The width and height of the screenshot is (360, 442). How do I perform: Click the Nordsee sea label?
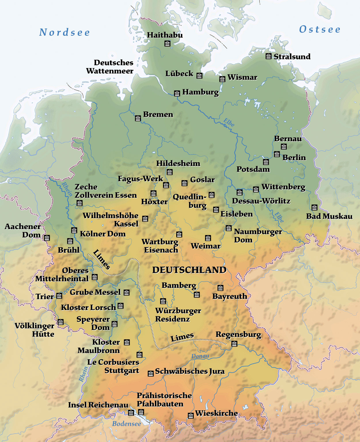pyautogui.click(x=65, y=32)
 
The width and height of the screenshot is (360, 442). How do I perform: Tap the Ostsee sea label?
pyautogui.click(x=320, y=29)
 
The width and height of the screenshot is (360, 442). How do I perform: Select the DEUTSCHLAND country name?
pyautogui.click(x=189, y=270)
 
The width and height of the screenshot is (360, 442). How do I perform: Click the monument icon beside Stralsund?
pyautogui.click(x=268, y=56)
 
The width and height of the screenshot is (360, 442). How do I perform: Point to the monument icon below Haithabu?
pyautogui.click(x=167, y=44)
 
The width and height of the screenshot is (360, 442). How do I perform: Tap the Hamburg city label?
pyautogui.click(x=200, y=92)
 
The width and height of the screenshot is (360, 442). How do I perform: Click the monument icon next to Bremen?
pyautogui.click(x=138, y=118)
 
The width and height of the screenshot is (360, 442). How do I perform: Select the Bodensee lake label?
pyautogui.click(x=126, y=424)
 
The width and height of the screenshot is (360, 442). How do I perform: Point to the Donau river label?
pyautogui.click(x=200, y=356)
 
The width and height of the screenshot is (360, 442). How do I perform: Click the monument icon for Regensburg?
pyautogui.click(x=234, y=343)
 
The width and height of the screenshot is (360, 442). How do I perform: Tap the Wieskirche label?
pyautogui.click(x=217, y=413)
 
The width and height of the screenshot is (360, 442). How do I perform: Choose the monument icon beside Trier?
pyautogui.click(x=59, y=296)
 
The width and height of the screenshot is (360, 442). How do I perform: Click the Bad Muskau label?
pyautogui.click(x=329, y=216)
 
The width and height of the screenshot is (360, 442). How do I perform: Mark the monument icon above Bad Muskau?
pyautogui.click(x=314, y=207)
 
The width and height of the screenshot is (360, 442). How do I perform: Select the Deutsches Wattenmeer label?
pyautogui.click(x=110, y=67)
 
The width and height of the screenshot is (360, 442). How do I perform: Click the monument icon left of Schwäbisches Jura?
pyautogui.click(x=151, y=373)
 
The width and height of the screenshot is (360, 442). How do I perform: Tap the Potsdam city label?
pyautogui.click(x=253, y=169)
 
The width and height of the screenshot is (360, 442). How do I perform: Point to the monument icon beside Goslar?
pyautogui.click(x=184, y=183)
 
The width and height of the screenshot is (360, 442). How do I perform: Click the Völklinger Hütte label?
pyautogui.click(x=35, y=330)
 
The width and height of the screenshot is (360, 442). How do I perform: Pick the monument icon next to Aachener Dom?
pyautogui.click(x=47, y=238)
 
